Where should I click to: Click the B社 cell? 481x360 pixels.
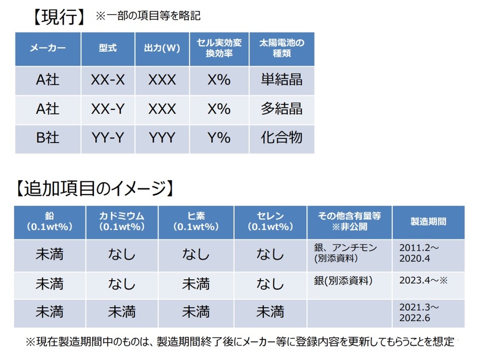click(48, 138)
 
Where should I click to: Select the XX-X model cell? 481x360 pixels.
click(108, 80)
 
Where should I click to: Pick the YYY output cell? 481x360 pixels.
click(162, 138)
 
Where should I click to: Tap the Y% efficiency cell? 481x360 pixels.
click(219, 138)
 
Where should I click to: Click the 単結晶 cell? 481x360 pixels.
click(281, 80)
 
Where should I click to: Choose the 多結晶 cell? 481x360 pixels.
click(281, 109)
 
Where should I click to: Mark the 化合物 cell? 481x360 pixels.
click(281, 138)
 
